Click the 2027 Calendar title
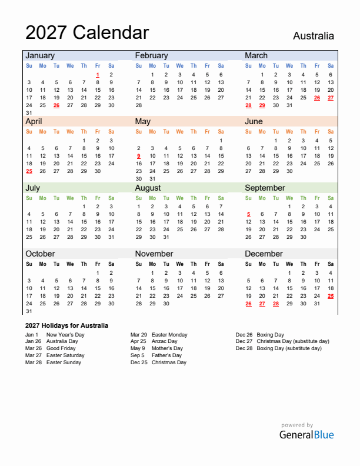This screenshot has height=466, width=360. pos(87,32)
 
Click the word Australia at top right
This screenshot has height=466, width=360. pos(314,36)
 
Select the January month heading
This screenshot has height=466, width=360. pos(40,55)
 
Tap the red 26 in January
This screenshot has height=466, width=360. pos(56,105)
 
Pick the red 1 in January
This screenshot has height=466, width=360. pos(97,75)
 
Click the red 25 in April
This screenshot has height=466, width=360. pos(29,171)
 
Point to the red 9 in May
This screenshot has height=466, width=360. pos(138,156)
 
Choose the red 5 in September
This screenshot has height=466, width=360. pos(248,214)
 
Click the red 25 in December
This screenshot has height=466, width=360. pos(331,296)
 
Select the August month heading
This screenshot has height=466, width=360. pos(148,188)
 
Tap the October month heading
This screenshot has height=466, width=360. pos(40,254)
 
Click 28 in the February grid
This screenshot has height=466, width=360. pos(139,105)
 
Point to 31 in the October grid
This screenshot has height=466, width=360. pos(29,311)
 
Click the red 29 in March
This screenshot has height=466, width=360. pos(262,105)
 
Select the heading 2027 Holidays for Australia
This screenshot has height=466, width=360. pos(66,325)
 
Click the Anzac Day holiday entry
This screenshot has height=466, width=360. pos(164,341)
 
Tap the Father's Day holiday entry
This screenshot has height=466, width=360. pos(166,355)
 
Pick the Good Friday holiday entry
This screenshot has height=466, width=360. pos(61,348)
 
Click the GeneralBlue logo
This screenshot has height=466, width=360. pos(306,435)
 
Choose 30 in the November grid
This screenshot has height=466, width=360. pos(166,304)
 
